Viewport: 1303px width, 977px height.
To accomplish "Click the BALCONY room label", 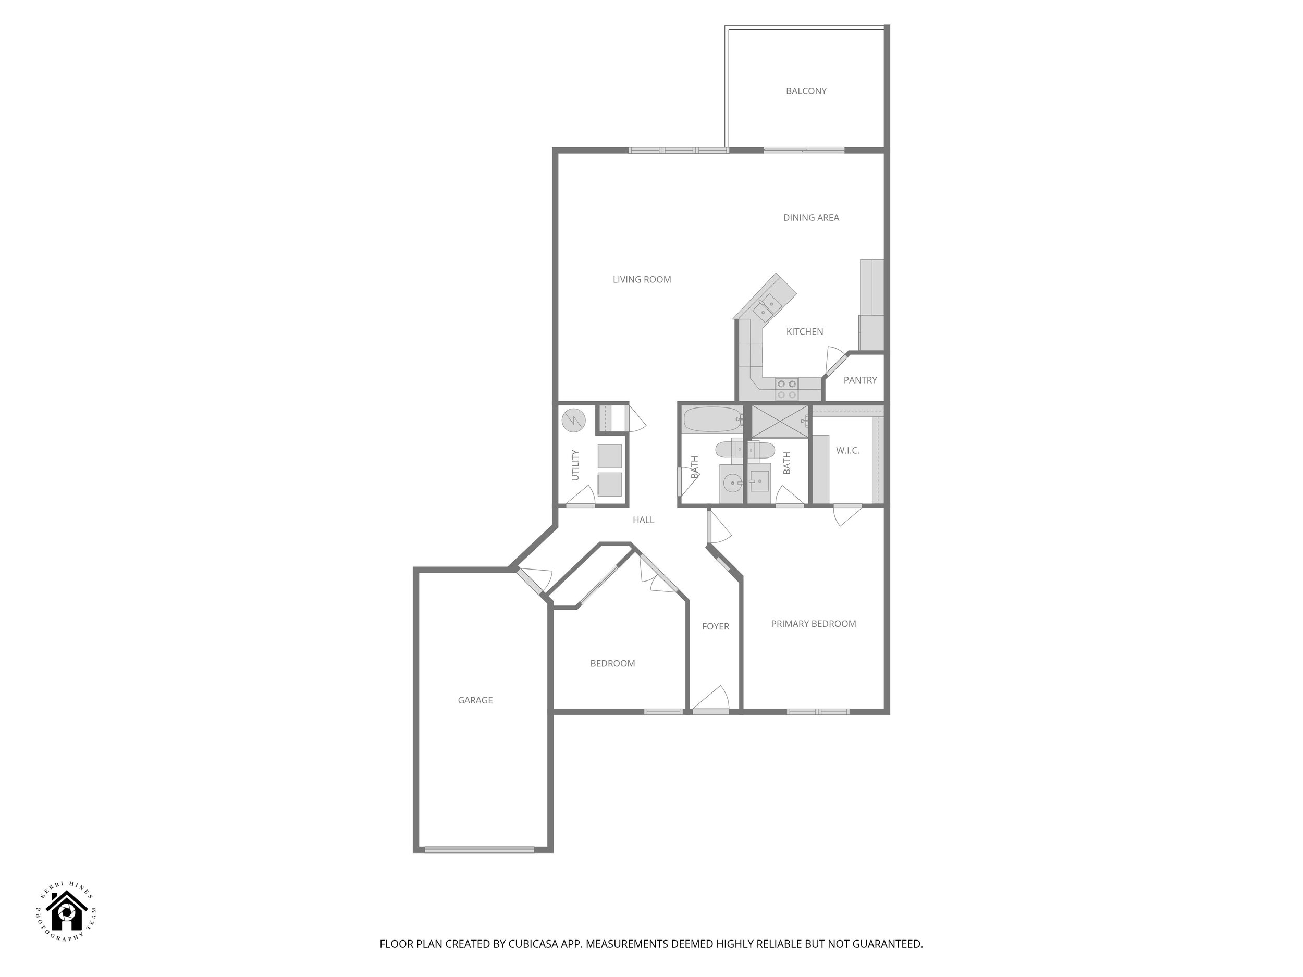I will [806, 91].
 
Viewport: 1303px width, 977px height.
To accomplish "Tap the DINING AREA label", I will [810, 217].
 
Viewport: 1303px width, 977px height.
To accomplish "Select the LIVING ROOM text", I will [642, 280].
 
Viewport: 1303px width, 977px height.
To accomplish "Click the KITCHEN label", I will [804, 331].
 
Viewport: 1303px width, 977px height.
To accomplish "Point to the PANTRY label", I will [859, 380].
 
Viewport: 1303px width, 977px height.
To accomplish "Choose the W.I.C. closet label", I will [847, 451].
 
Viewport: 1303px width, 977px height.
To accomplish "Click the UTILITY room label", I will [575, 465].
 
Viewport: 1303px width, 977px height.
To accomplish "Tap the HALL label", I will [643, 520].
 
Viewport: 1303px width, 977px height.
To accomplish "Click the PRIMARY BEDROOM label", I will [813, 624].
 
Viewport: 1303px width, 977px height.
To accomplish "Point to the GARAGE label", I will [475, 700].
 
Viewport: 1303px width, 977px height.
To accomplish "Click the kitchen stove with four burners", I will [786, 389].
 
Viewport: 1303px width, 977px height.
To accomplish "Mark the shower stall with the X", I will [779, 422].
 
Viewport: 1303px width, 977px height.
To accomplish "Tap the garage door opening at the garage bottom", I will [479, 849].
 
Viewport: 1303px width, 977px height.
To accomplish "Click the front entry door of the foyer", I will [710, 711].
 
